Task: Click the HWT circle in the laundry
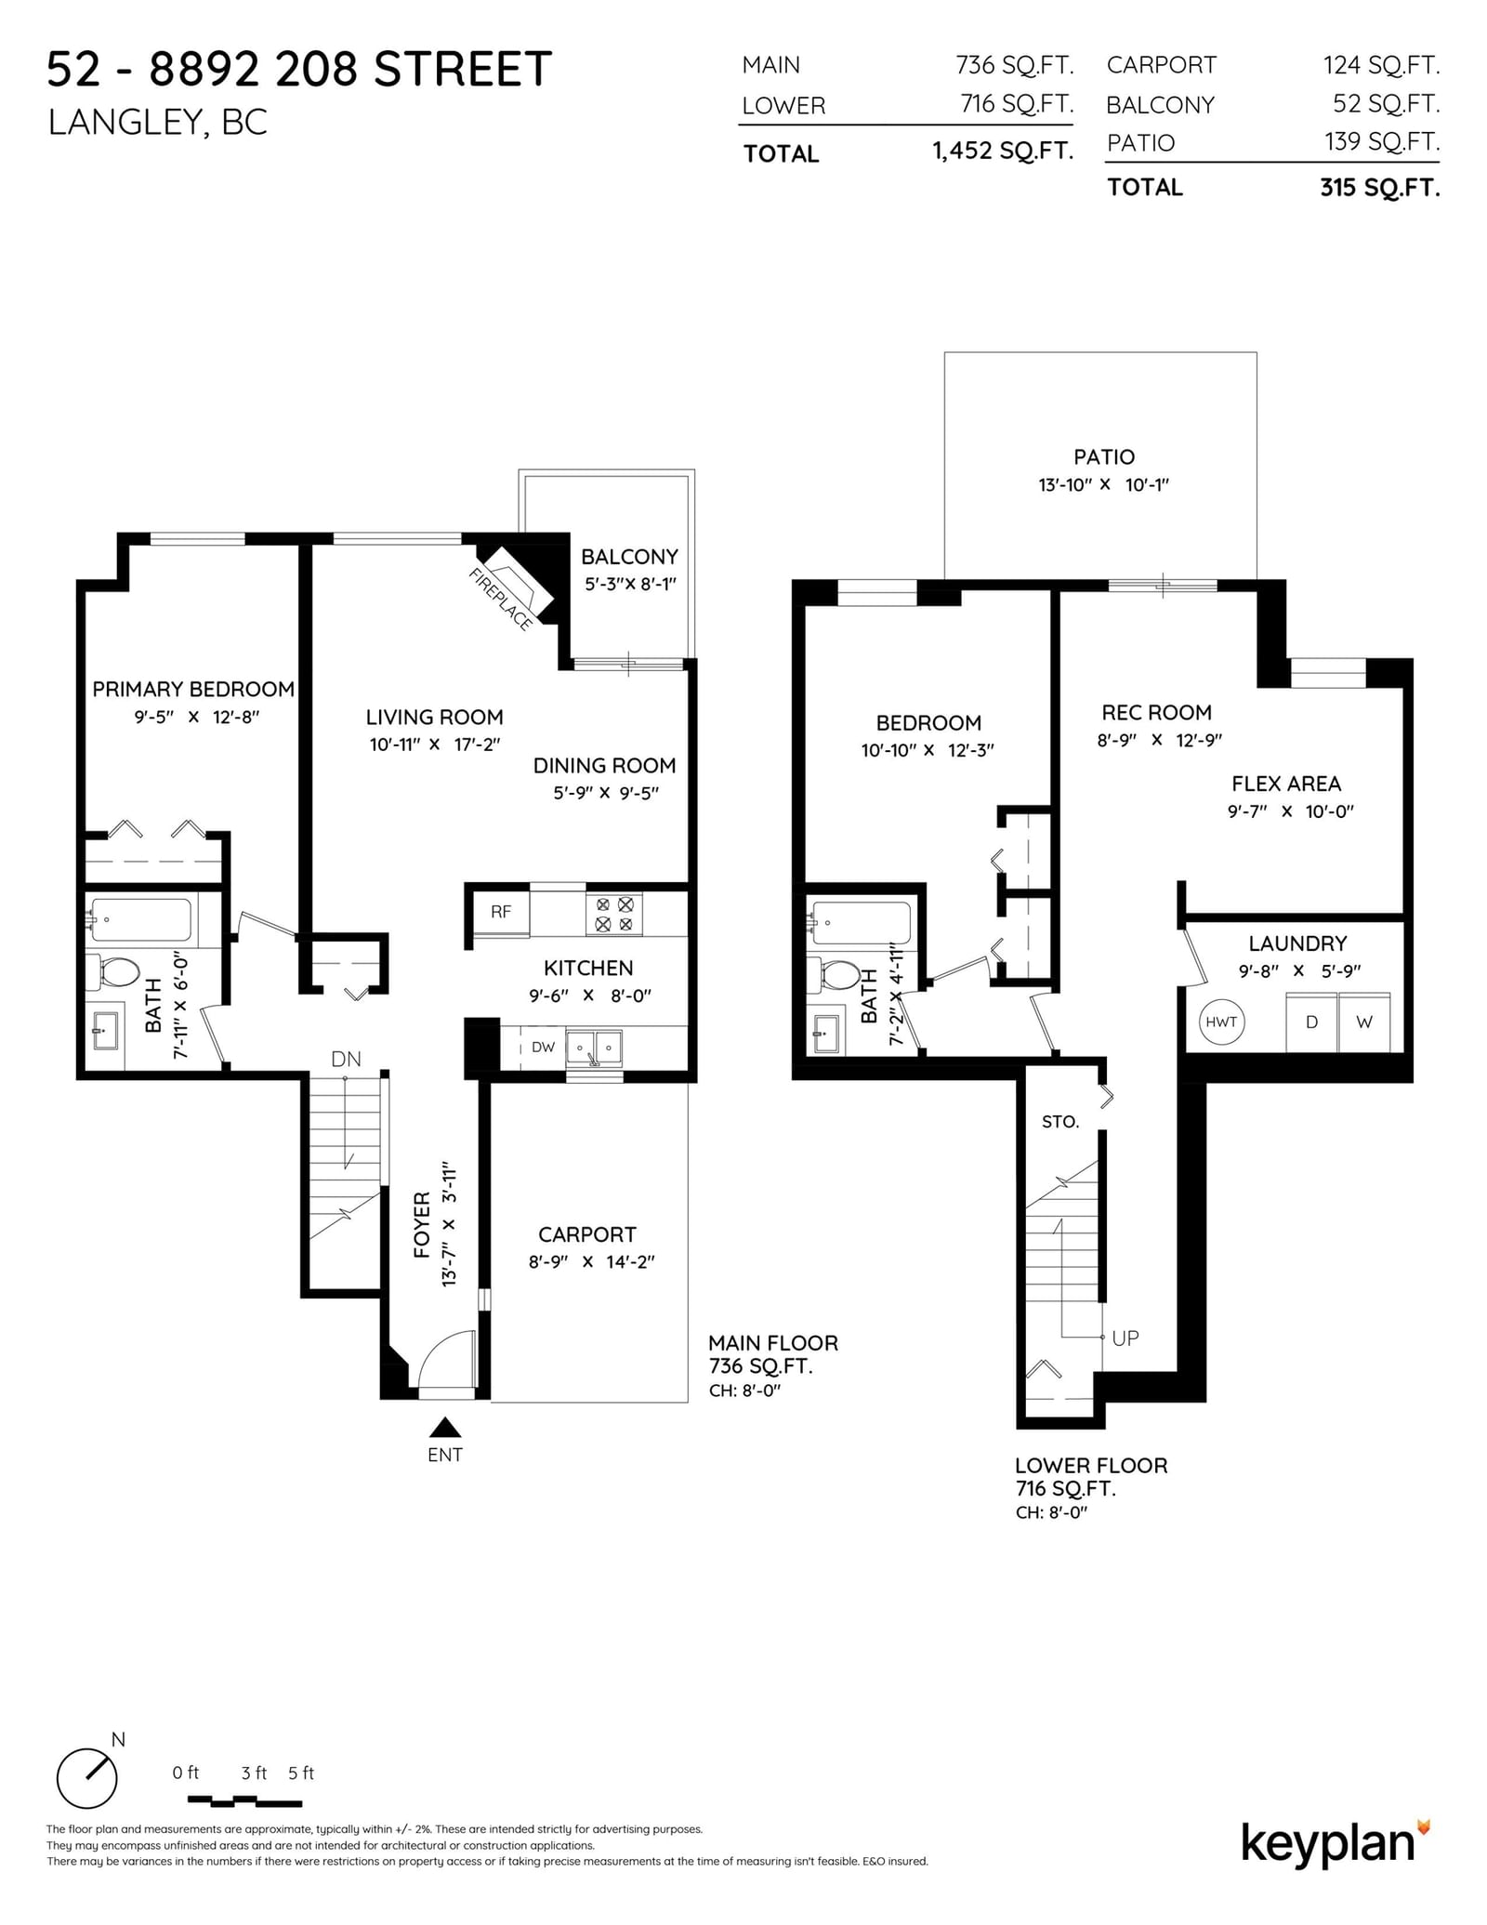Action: click(1221, 1022)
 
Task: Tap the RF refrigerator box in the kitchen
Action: click(502, 912)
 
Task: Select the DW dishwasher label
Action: click(543, 1047)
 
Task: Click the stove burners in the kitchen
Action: click(614, 913)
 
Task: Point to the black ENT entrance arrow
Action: click(445, 1427)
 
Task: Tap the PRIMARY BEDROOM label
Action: click(193, 689)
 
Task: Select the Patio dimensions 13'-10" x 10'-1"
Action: click(1103, 484)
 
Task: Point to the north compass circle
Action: click(87, 1778)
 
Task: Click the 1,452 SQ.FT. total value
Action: click(1003, 151)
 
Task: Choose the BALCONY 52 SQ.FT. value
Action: click(1387, 104)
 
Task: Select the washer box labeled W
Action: click(1364, 1022)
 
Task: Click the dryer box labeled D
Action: click(1311, 1022)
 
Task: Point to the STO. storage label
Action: click(1060, 1122)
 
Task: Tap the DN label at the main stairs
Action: click(346, 1059)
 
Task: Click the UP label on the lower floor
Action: click(1125, 1338)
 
